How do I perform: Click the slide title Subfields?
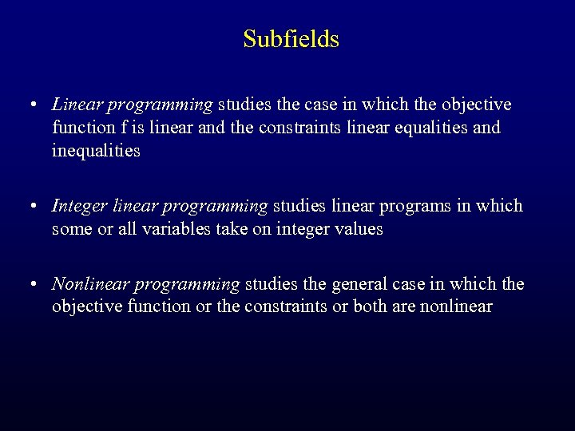coord(291,39)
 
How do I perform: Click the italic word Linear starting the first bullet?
coord(77,105)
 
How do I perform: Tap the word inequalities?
coord(96,150)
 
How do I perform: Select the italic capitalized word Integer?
coord(78,206)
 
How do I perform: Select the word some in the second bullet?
coord(70,229)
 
